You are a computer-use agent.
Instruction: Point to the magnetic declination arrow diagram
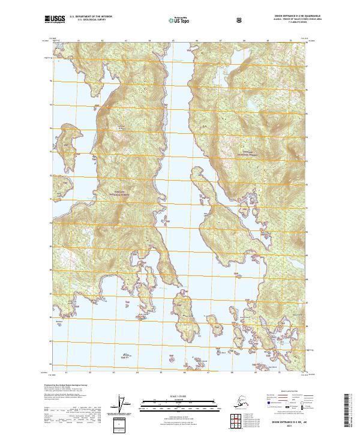point(123,405)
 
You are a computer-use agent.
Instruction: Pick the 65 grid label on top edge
point(173,41)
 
